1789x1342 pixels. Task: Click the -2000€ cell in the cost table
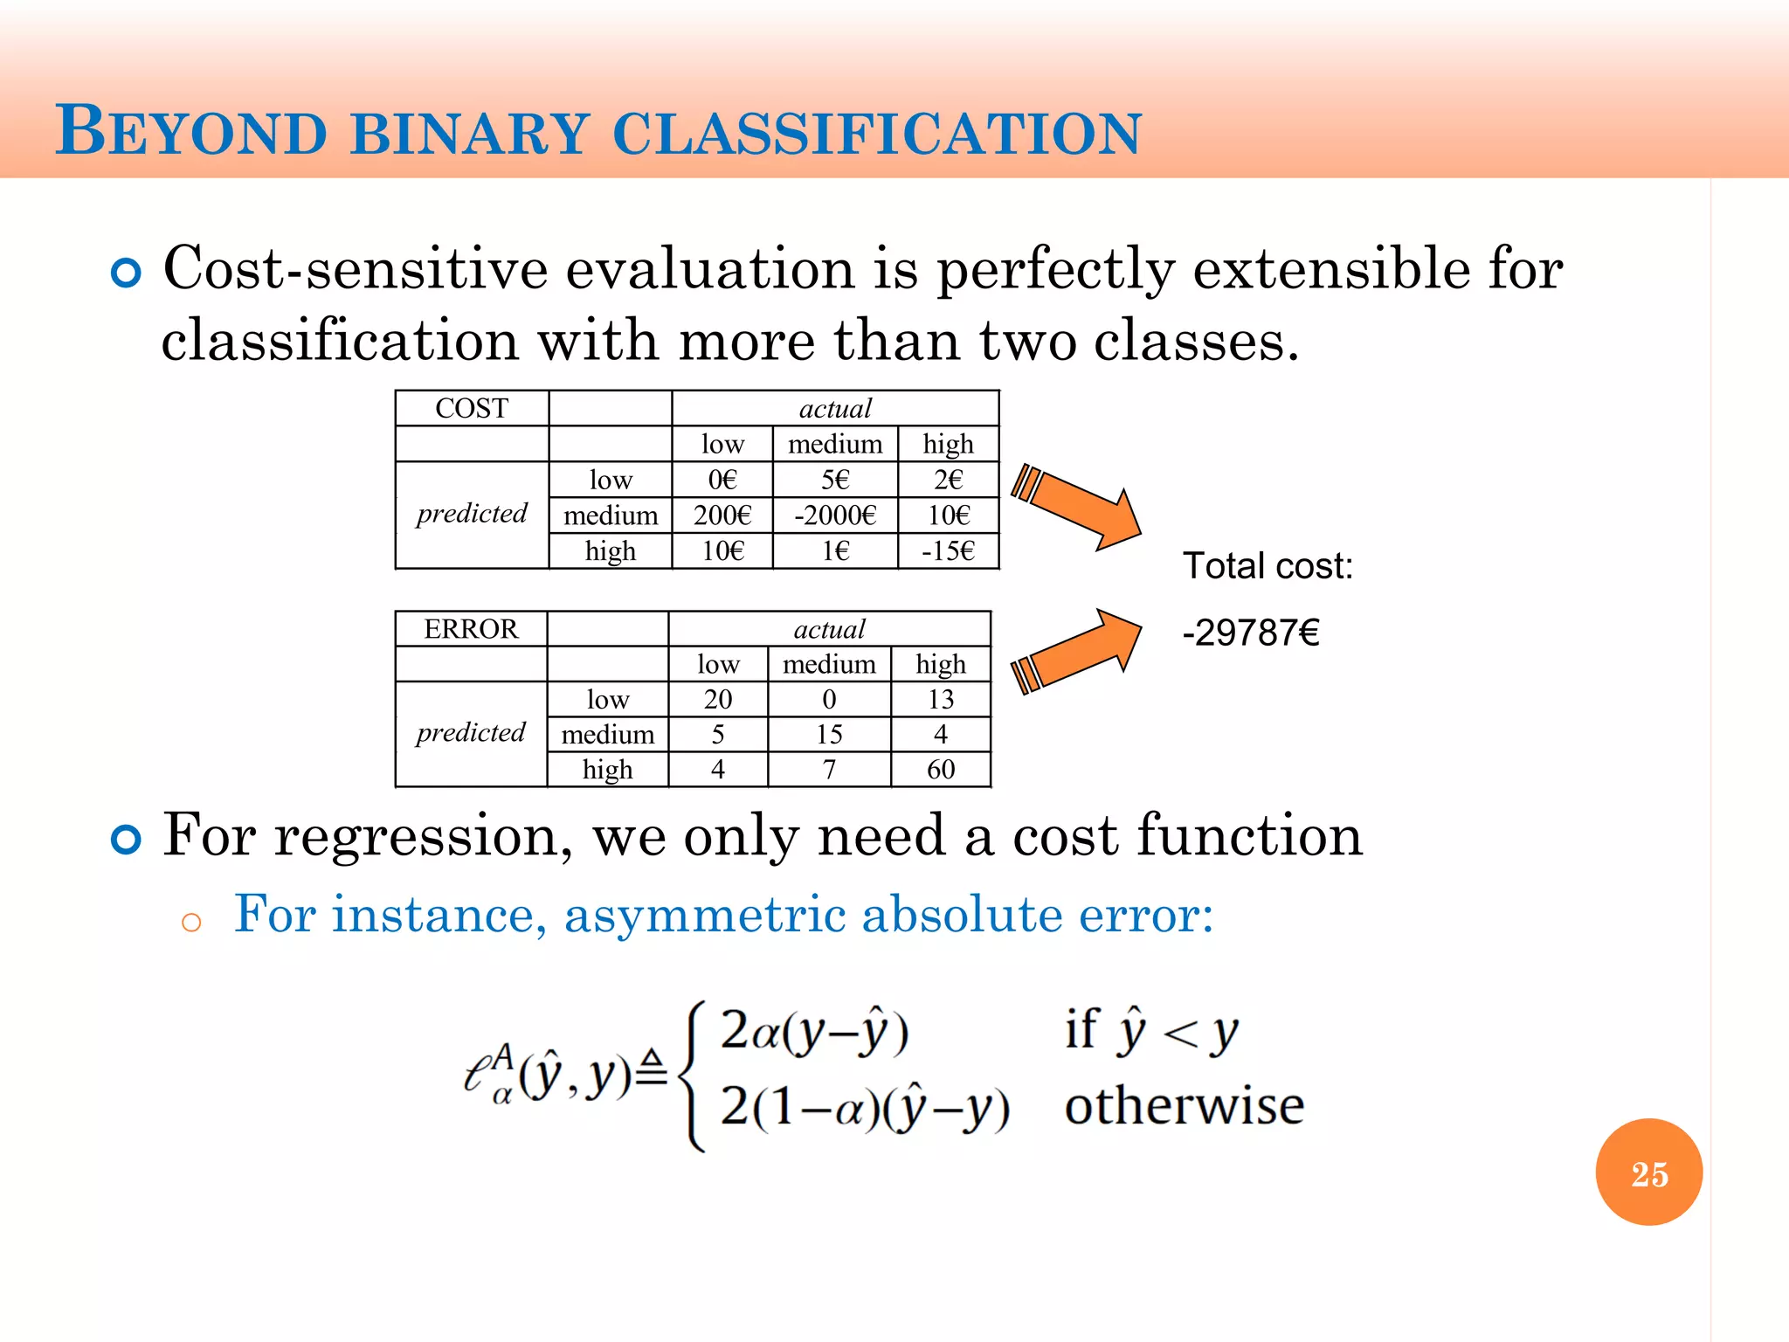pos(834,515)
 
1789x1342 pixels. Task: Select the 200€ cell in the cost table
pos(722,515)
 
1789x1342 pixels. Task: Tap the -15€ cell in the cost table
pos(948,551)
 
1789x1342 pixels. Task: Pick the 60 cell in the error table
pos(941,770)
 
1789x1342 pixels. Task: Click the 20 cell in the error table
pos(718,699)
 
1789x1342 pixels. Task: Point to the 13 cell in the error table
pos(941,699)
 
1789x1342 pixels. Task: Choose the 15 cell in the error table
pos(829,735)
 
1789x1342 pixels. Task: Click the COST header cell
pos(472,408)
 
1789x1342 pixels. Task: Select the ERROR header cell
pos(471,629)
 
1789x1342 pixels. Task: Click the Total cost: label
pos(1267,566)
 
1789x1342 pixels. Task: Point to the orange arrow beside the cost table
pos(1079,507)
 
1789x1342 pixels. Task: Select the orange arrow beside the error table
pos(1079,651)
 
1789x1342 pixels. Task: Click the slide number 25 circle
pos(1648,1173)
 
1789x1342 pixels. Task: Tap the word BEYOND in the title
pos(191,132)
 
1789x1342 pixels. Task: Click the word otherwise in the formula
pos(1184,1106)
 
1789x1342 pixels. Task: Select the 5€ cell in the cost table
pos(834,480)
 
